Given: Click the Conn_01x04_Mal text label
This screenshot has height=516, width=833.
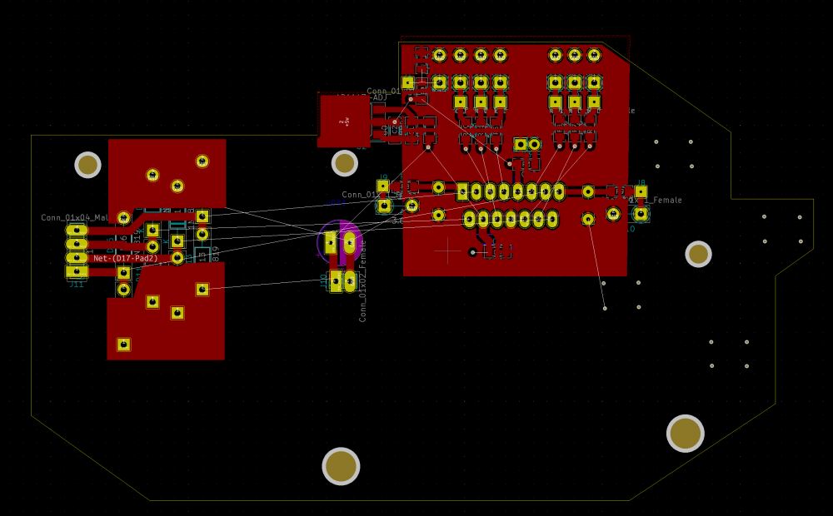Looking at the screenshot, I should (x=75, y=218).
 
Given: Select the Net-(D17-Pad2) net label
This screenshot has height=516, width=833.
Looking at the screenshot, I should (x=126, y=259).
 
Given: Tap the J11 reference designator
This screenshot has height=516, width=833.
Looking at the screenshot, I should (x=76, y=285).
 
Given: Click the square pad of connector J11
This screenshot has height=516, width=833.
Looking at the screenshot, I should (x=77, y=271).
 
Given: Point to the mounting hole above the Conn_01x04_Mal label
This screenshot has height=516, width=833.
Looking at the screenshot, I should (x=87, y=165).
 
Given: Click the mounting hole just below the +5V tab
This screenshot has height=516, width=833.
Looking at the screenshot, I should (x=344, y=163).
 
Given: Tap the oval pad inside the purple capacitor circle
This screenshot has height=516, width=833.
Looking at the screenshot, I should (x=349, y=242).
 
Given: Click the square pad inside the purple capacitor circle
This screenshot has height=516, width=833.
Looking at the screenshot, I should (x=331, y=242).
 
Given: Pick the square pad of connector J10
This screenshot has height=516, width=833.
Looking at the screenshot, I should (x=336, y=280).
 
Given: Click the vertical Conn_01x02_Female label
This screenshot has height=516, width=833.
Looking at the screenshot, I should (x=363, y=280).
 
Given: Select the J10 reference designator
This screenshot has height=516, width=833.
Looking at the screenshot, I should (x=324, y=280).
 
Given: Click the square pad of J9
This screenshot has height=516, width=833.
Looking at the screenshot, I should (x=382, y=186).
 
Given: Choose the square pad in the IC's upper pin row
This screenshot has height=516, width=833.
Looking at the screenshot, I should (x=462, y=192).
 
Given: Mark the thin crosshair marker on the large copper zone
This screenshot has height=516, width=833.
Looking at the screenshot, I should (x=447, y=250).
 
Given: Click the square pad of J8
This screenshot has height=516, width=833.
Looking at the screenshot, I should (x=641, y=191).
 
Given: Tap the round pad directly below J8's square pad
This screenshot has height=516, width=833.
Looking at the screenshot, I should (x=641, y=214).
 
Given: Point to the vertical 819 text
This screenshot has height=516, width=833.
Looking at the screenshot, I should (x=216, y=253).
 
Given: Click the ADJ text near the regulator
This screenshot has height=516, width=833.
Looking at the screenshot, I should (x=379, y=98).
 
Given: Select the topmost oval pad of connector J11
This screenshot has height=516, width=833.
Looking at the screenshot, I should (x=77, y=231).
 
